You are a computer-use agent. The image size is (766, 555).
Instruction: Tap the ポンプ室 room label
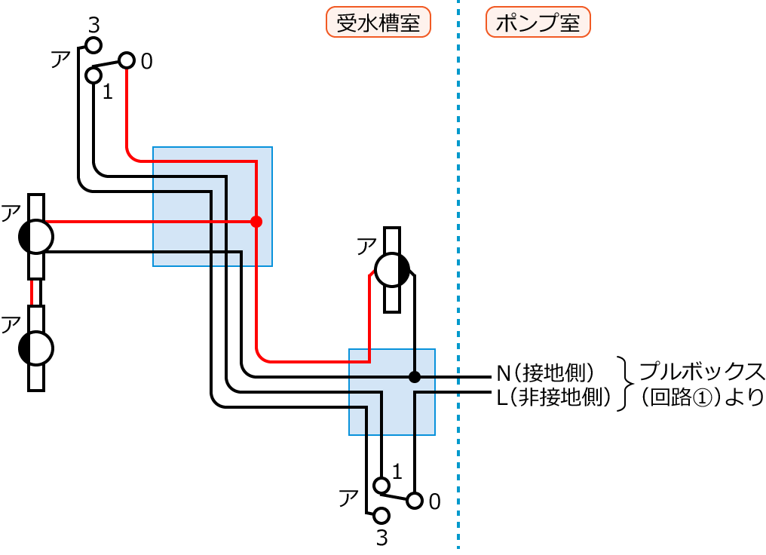point(538,23)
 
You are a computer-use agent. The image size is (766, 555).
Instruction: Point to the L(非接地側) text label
point(553,397)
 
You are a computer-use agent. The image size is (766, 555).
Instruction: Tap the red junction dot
point(256,222)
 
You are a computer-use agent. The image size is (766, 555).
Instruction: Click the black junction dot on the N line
point(414,376)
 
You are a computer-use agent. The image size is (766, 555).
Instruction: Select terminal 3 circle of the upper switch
point(93,46)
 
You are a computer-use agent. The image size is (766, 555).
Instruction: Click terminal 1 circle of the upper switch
point(93,75)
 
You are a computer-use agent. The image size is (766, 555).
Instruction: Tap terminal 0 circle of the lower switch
point(414,500)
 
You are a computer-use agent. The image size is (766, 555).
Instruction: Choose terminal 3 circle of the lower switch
point(381,516)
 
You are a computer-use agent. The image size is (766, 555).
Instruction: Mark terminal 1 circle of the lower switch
point(381,484)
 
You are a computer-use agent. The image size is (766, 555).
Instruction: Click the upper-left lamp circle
point(36,237)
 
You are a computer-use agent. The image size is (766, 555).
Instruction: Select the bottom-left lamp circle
point(36,348)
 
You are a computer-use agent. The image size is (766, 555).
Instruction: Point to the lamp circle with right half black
point(392,269)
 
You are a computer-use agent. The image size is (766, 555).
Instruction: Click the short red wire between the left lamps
point(32,292)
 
